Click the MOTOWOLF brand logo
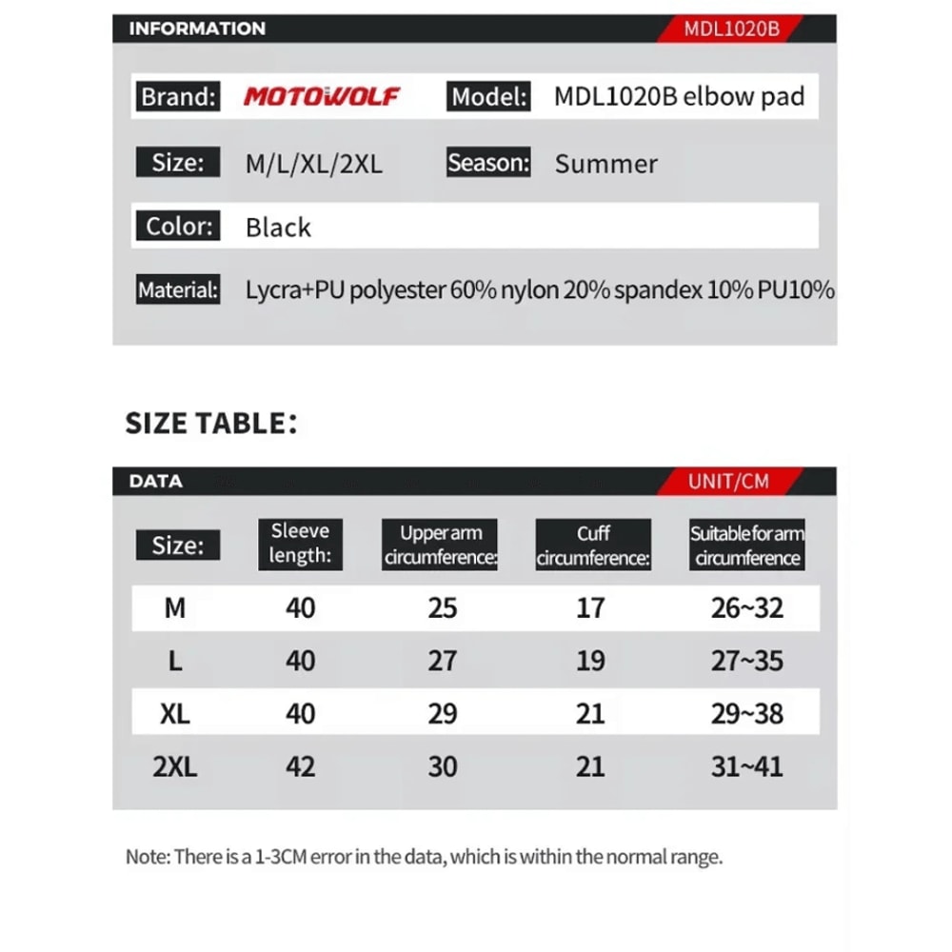pos(322,96)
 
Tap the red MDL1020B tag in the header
pos(731,29)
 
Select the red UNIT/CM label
pos(728,481)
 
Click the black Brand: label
pos(179,96)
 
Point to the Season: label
pos(488,163)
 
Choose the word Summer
pos(605,164)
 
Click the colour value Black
pos(278,228)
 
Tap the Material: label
pos(179,289)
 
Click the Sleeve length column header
pos(300,544)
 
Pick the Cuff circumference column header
pos(592,545)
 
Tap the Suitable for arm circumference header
pos(747,545)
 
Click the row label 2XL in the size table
pos(175,766)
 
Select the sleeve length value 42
pos(301,766)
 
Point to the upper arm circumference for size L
pos(443,661)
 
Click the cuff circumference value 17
pos(590,607)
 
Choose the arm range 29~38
pos(746,714)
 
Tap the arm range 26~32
pos(746,607)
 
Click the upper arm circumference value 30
pos(443,766)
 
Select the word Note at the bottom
pos(146,857)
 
